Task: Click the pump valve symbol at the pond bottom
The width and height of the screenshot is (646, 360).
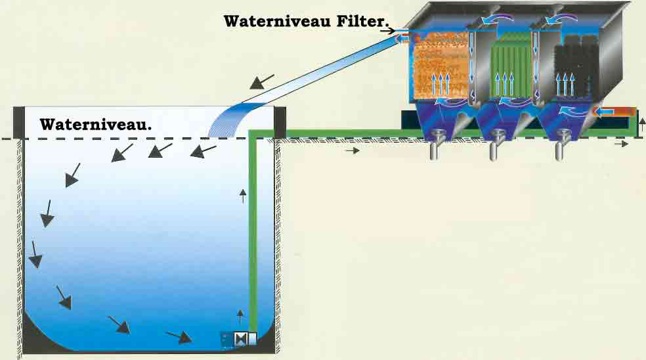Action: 239,339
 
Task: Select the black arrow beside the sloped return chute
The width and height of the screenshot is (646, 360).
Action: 262,81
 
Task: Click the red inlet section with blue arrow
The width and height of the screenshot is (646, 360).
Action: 614,112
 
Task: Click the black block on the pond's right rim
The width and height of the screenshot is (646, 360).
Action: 280,122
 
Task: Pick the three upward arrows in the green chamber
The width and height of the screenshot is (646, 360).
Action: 504,85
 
